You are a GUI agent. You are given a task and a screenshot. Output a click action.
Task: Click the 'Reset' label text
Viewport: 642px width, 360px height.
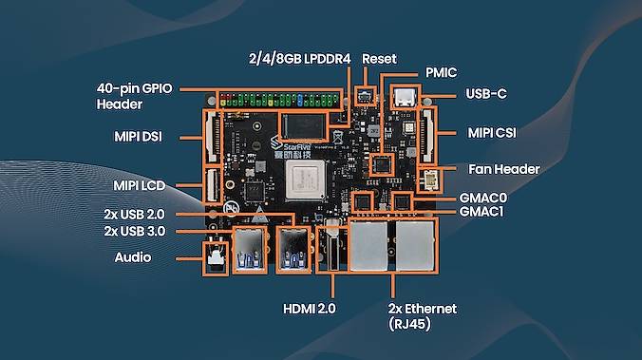pos(379,59)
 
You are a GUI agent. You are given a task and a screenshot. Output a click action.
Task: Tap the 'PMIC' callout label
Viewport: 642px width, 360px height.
pos(441,73)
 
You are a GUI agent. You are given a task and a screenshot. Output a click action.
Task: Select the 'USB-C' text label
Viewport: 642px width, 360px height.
pos(486,94)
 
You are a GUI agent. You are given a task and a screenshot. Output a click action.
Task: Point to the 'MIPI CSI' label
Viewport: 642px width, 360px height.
pos(492,133)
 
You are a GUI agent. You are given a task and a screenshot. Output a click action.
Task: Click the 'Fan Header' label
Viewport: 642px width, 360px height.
pos(503,169)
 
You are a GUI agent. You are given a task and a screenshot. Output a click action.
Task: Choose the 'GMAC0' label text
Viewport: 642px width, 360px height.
pos(483,198)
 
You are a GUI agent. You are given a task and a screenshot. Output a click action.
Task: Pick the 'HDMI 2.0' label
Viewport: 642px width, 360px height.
pos(309,309)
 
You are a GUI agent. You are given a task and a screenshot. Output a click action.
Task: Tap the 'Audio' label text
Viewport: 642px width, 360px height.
pos(133,257)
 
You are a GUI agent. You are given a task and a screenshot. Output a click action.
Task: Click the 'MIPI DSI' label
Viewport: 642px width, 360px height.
pos(138,137)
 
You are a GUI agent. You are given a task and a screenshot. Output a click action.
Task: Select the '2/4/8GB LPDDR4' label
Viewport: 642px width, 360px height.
pos(300,59)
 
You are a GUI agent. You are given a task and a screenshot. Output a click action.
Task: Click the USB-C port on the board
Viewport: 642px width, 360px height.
pos(405,97)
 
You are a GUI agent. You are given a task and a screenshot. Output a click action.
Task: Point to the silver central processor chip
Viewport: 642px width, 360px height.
pos(305,180)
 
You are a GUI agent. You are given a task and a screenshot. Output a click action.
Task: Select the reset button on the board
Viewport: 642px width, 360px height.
pos(365,97)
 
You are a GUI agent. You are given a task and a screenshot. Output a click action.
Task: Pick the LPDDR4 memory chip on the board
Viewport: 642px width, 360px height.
pos(303,126)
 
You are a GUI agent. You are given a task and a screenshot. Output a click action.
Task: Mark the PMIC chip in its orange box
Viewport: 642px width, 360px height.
pos(381,165)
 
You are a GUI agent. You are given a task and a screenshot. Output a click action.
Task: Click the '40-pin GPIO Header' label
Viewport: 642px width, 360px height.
pos(134,96)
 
